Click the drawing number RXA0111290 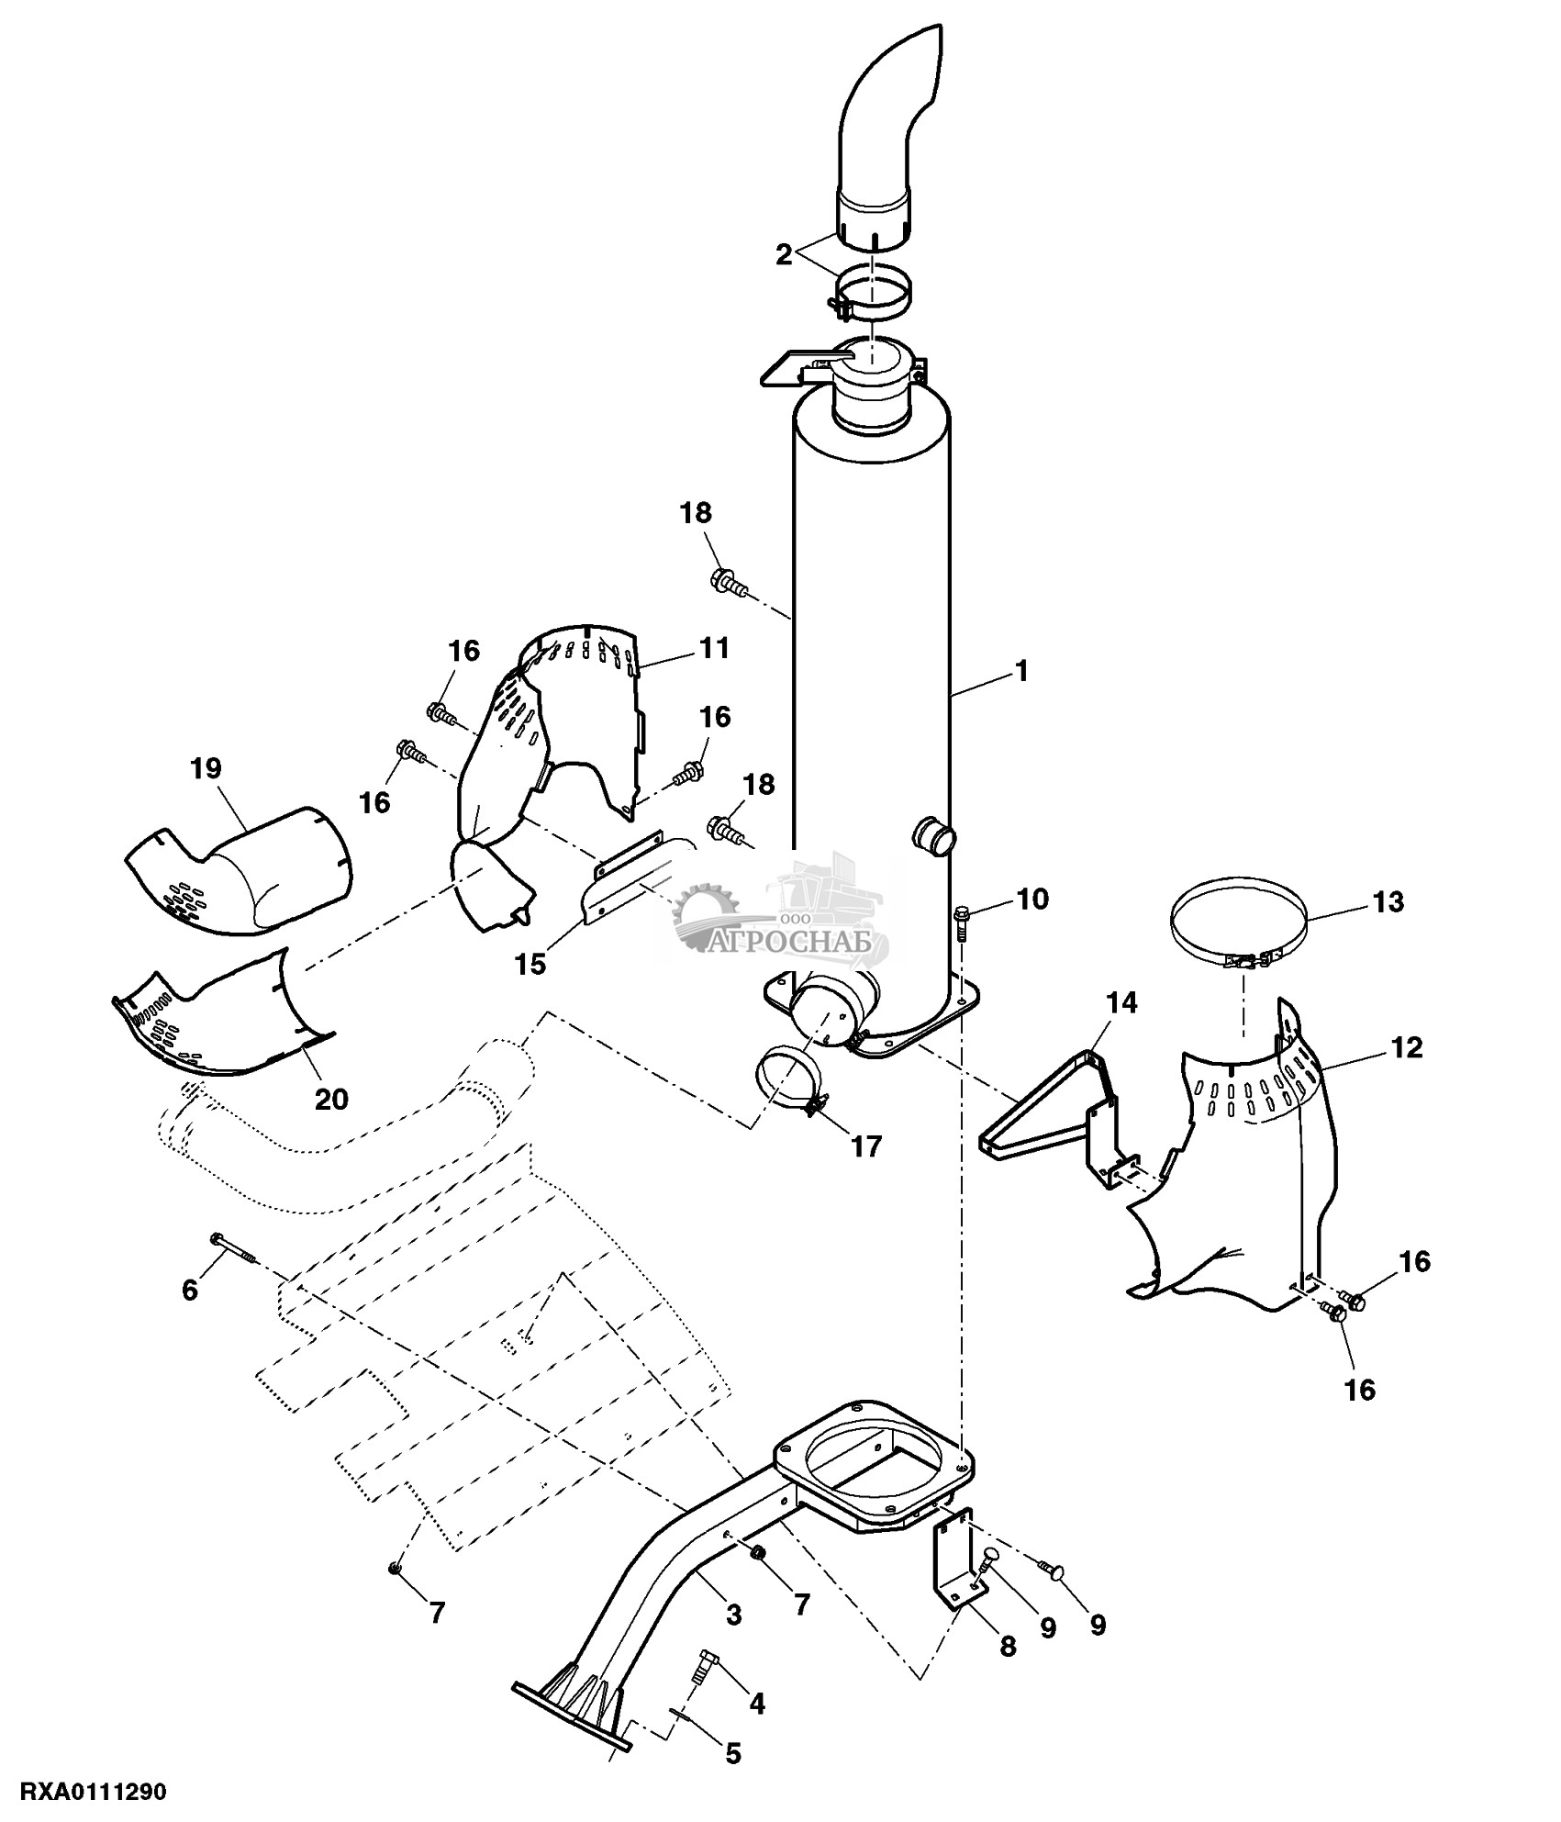[x=84, y=1792]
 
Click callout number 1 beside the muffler [x=1021, y=672]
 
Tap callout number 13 [x=1388, y=902]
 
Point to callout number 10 [x=1032, y=899]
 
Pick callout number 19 [x=206, y=768]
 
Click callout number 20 [x=331, y=1099]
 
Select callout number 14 [x=1121, y=1003]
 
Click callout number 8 [x=1008, y=1648]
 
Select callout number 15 [x=530, y=964]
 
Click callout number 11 [x=713, y=648]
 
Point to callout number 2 [x=783, y=254]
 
